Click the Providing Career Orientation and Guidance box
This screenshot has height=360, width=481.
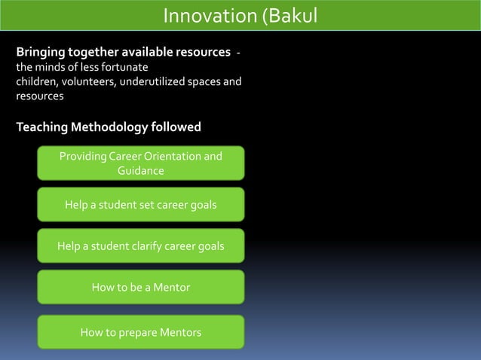(x=141, y=163)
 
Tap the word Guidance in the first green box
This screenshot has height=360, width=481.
(x=141, y=171)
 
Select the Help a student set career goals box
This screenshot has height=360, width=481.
(x=141, y=204)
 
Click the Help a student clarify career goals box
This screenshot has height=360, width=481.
(x=141, y=246)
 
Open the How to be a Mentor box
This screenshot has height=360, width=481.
(x=141, y=287)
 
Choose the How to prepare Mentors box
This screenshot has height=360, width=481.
(x=141, y=332)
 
